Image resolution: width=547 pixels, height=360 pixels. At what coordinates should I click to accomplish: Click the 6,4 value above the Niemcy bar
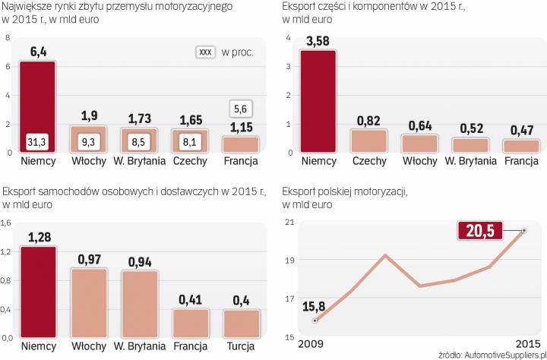(37, 52)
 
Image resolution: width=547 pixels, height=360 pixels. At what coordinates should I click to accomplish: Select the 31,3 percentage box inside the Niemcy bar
(37, 141)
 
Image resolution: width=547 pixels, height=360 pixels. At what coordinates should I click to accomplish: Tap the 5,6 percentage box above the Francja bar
(240, 109)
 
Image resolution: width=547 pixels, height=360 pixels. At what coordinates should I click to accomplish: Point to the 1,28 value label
(37, 238)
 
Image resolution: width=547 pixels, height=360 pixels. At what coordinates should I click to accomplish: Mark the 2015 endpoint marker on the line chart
(523, 229)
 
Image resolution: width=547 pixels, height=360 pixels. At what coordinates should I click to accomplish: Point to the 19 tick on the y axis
(289, 260)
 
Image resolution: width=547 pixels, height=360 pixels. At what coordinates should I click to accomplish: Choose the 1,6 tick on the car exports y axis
(6, 223)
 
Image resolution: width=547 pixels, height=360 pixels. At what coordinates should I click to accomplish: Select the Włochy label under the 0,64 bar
(419, 162)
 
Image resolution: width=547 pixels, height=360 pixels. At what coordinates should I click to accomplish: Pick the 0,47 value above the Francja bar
(521, 131)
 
